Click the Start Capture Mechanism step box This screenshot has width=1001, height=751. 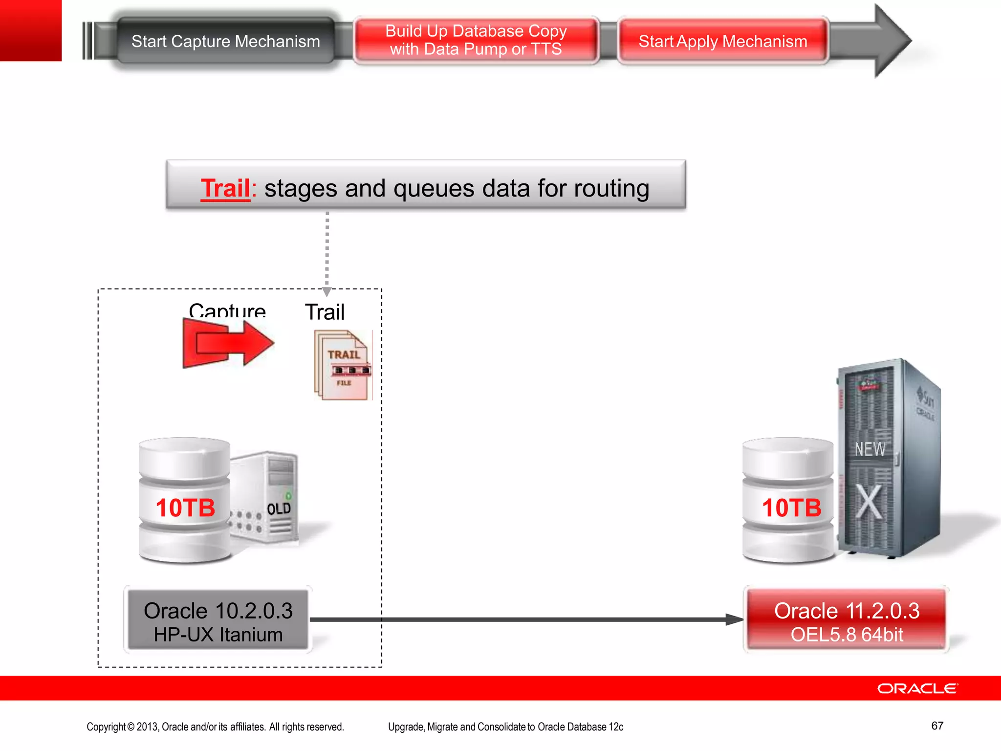(225, 42)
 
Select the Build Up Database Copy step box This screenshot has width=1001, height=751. (476, 41)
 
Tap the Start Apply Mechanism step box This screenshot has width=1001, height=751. (722, 42)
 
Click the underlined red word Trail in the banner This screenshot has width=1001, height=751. (225, 189)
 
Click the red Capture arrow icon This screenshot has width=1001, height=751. (227, 344)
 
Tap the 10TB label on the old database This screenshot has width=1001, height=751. (185, 508)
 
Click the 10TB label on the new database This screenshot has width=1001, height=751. (791, 508)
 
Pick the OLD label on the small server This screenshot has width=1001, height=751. (279, 509)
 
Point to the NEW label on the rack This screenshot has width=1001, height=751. (870, 449)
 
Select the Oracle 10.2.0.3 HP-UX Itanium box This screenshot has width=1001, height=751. (218, 621)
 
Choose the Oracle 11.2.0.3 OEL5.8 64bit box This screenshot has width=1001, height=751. (847, 621)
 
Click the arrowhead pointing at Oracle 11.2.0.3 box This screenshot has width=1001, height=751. (734, 619)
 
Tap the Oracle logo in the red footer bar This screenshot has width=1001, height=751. (917, 688)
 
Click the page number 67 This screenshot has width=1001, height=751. (937, 726)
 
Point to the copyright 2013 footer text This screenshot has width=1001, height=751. (215, 727)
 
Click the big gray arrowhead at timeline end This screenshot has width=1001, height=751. (891, 41)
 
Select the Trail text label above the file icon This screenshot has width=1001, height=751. (325, 312)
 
